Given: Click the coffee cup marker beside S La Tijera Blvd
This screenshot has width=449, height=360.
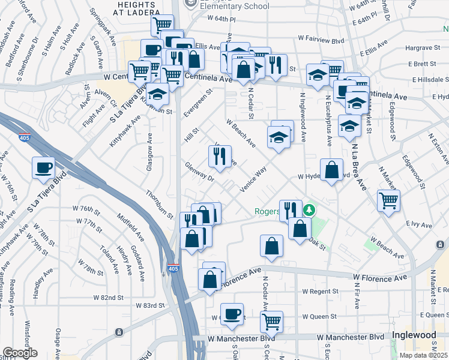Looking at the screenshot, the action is [43, 167].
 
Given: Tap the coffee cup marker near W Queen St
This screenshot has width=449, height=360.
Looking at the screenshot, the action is [232, 313].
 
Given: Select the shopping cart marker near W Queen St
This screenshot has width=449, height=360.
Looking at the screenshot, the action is [271, 320].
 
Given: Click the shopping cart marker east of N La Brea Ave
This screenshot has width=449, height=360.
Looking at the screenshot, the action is [388, 199].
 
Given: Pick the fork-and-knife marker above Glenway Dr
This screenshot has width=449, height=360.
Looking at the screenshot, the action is [220, 156].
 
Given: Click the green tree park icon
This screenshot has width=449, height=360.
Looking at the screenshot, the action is [309, 210].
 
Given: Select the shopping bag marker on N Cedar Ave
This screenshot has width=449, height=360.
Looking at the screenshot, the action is [271, 246].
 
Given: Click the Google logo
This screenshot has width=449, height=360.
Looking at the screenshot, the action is [20, 353].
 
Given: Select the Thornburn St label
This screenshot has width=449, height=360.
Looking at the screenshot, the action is [159, 204].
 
